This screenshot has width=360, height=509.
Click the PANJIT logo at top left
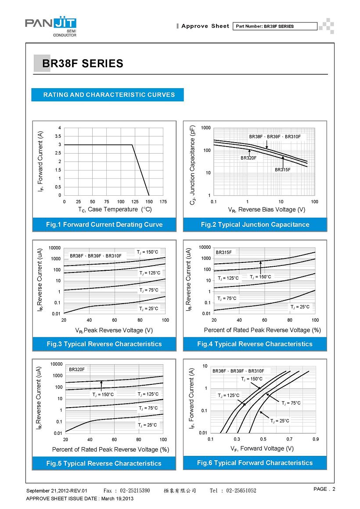point(50,27)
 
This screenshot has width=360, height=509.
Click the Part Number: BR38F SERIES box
point(275,26)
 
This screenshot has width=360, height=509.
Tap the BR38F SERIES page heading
point(83,63)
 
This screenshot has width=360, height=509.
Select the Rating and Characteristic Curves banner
point(108,95)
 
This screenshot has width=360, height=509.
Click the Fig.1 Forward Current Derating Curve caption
point(104,225)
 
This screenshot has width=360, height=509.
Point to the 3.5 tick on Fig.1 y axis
point(58,136)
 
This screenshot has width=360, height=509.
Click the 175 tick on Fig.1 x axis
point(163,201)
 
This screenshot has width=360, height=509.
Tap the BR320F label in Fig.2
point(248,158)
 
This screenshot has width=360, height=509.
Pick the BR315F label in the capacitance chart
point(283,170)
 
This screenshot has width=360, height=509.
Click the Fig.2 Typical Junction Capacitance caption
point(255,225)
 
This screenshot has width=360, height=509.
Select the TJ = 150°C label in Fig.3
point(148,252)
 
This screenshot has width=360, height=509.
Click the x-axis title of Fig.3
point(114,330)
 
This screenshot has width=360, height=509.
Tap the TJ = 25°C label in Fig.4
point(300,307)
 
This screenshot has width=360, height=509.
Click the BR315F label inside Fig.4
point(224,252)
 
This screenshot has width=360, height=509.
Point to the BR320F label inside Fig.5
point(77,369)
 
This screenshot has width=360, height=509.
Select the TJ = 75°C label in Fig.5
point(148,408)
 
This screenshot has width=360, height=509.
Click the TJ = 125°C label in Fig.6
point(228,395)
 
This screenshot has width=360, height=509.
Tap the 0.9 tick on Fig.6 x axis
point(316,439)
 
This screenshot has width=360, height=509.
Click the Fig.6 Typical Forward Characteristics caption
point(255,463)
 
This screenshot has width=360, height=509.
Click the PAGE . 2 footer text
point(324,489)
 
